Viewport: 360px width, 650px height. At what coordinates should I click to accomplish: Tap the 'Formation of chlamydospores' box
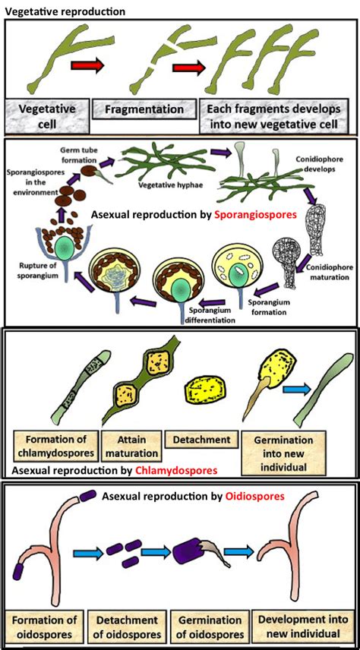(x=56, y=446)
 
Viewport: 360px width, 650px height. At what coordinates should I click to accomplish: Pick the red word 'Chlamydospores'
(x=171, y=469)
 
